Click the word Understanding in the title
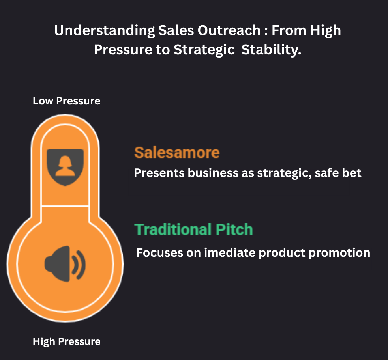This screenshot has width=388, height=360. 105,31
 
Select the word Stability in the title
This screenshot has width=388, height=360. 271,50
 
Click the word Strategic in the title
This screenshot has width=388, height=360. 204,50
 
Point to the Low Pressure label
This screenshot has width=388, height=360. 67,101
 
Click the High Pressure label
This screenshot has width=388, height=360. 67,342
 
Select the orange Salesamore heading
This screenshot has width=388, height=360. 177,152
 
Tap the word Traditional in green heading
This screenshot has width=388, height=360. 173,229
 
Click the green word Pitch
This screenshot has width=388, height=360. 234,229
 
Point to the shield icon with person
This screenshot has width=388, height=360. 65,167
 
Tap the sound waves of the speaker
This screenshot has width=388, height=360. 79,265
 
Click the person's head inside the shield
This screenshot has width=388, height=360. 65,161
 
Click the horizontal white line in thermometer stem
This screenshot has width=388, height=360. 65,205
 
